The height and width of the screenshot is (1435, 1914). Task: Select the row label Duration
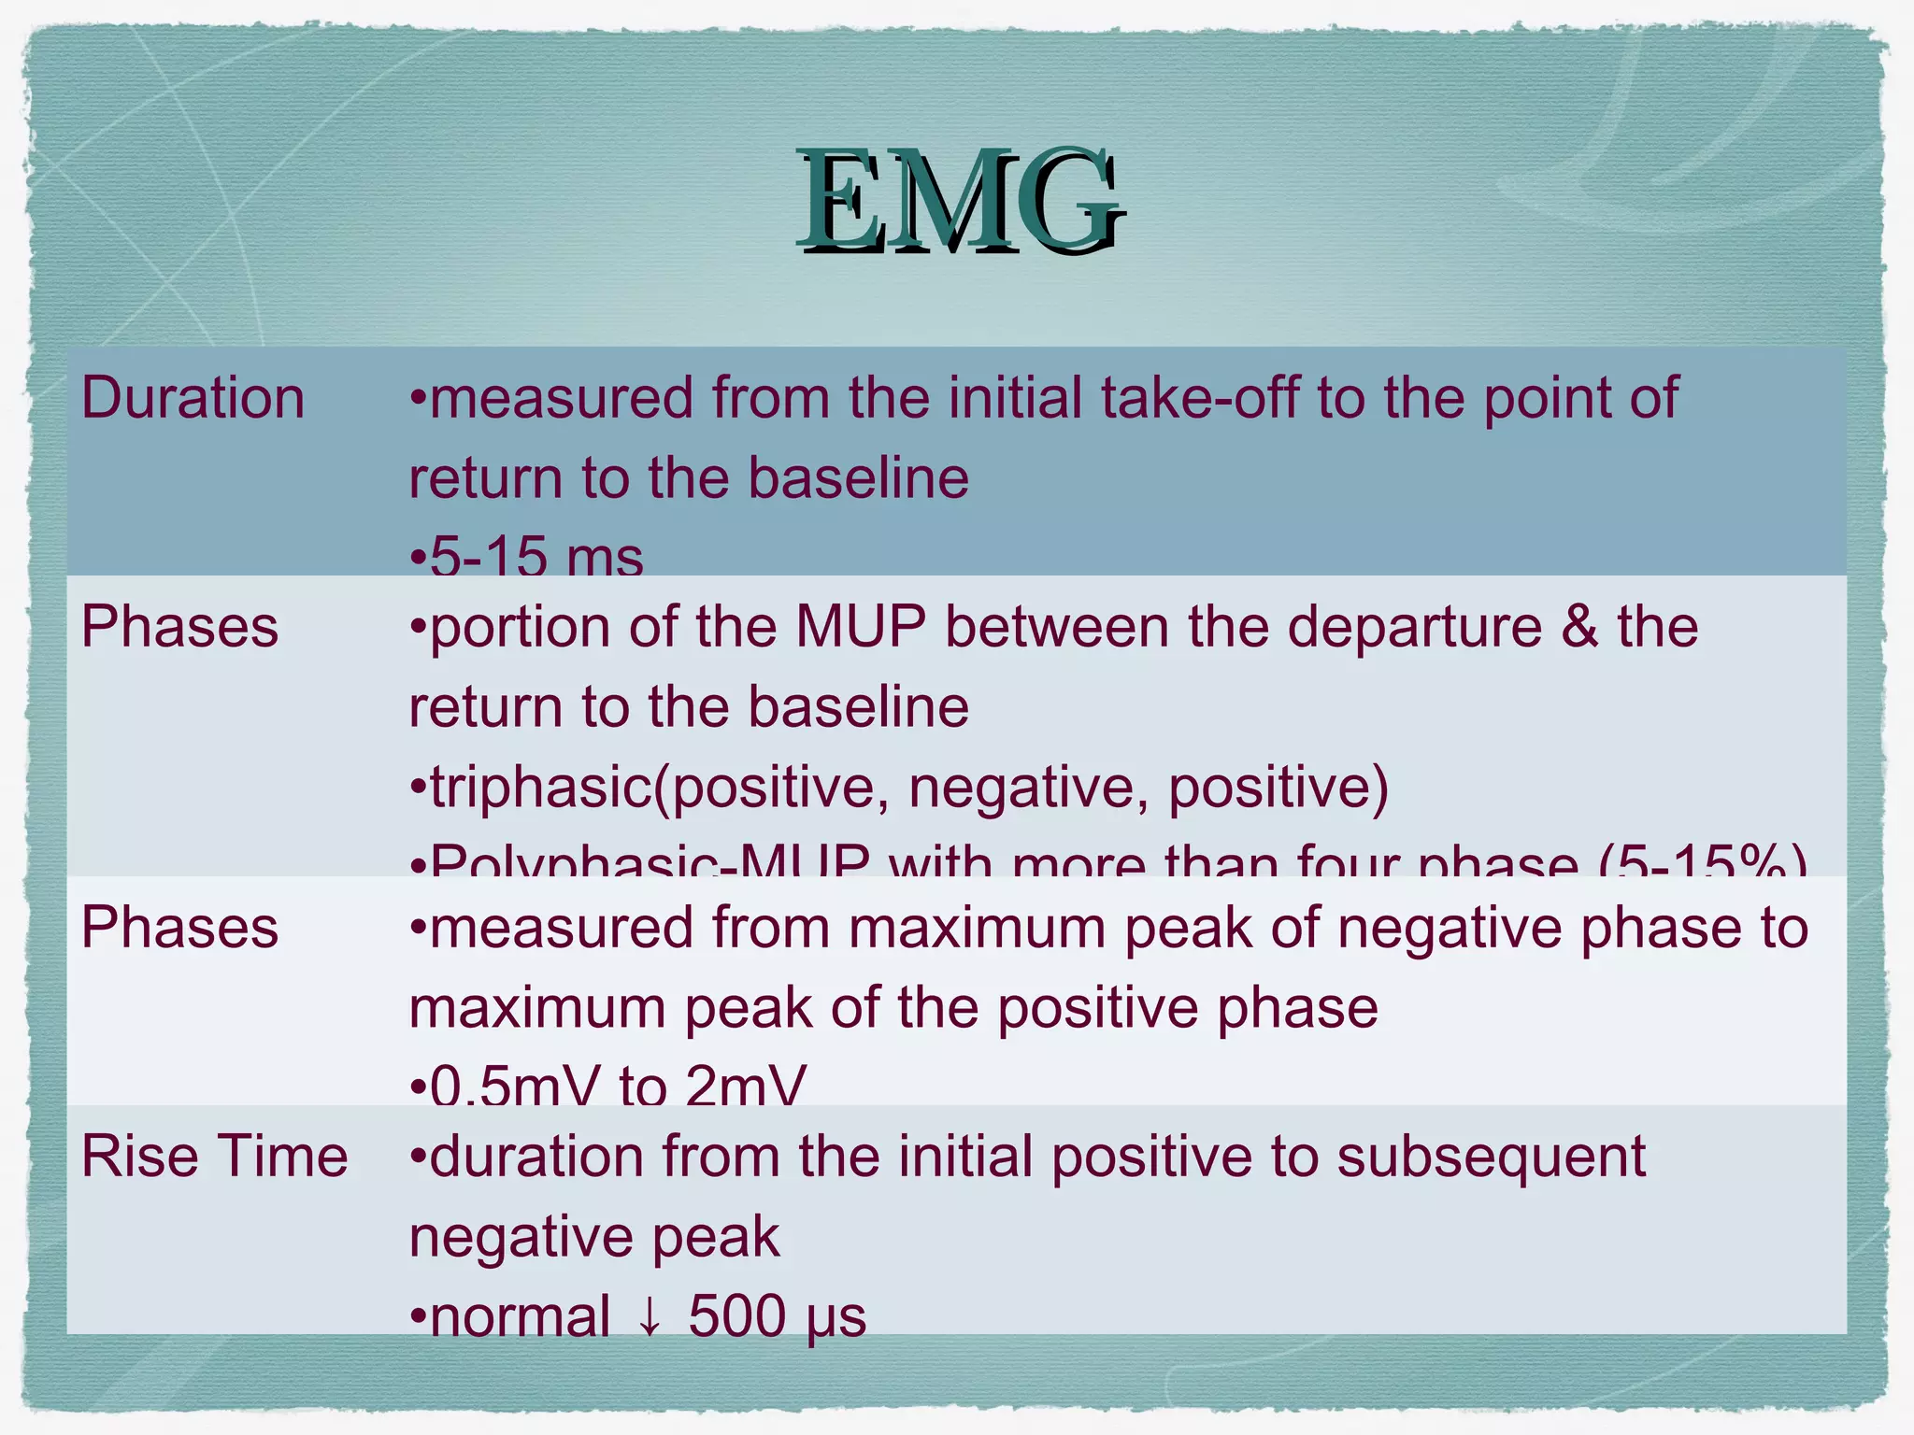[x=193, y=398]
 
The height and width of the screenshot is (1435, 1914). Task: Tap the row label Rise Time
[x=215, y=1157]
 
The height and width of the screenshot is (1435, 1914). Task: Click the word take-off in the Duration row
[x=1200, y=398]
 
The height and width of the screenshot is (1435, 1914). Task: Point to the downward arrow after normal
[x=650, y=1318]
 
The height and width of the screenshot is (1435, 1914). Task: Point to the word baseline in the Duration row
[x=858, y=478]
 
